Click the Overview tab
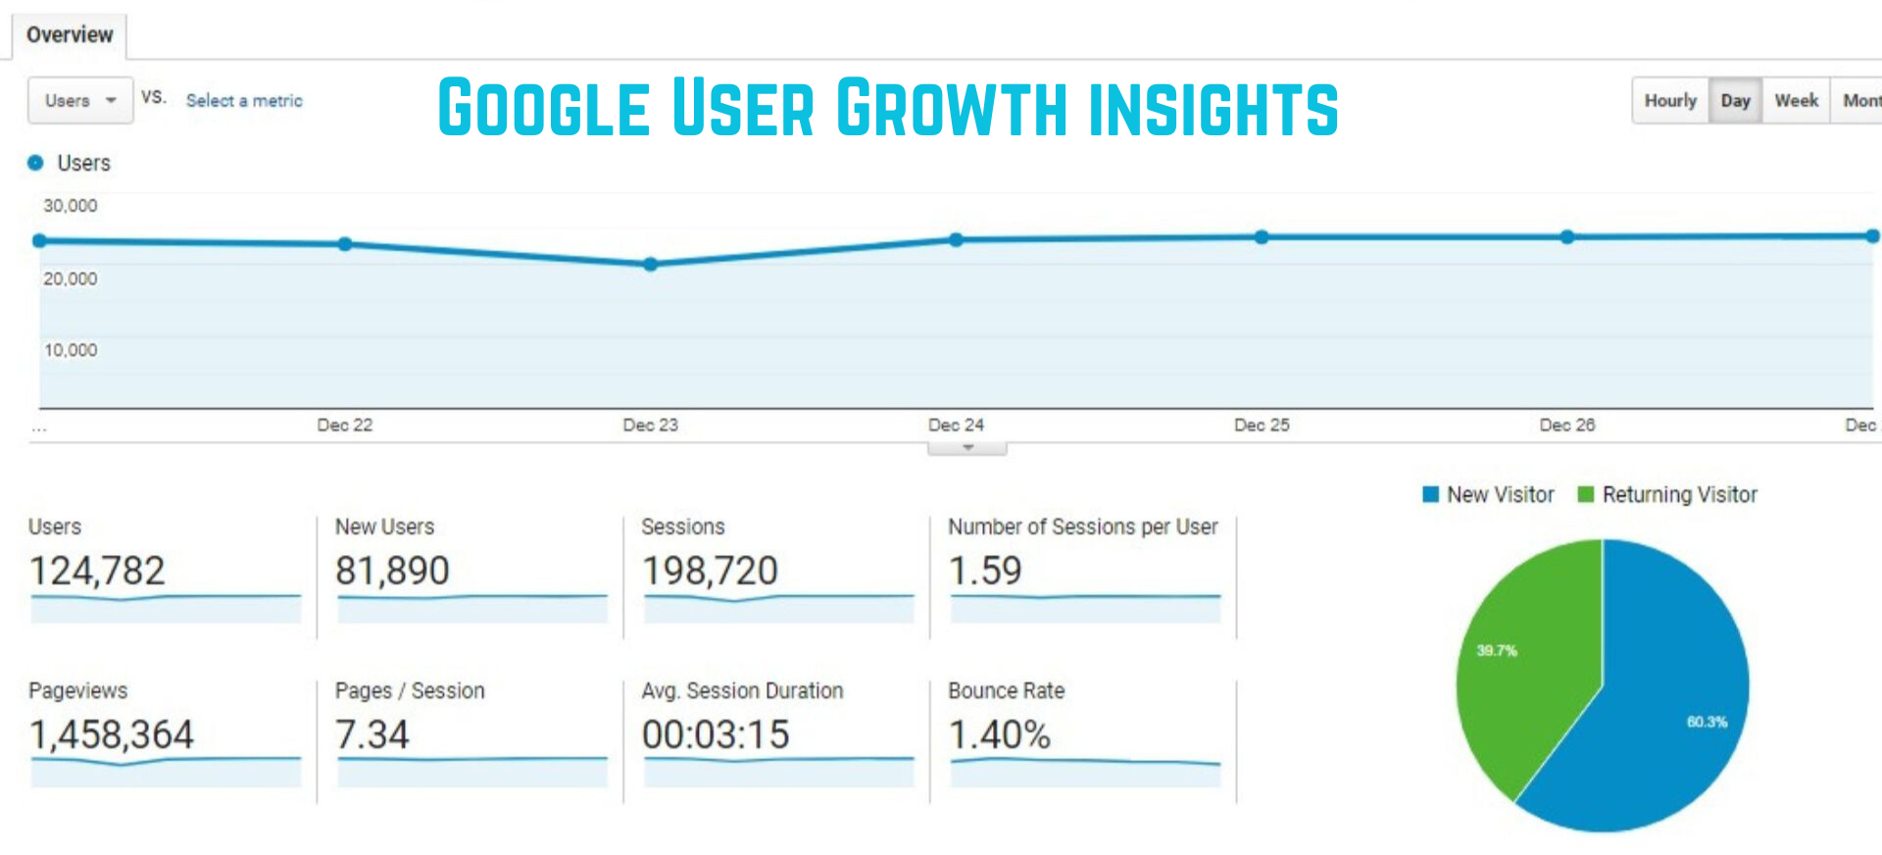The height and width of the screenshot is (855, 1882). (69, 35)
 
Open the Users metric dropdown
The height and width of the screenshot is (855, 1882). (79, 100)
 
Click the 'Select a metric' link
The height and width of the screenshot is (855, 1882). (244, 100)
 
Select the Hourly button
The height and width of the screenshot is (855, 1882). (1669, 100)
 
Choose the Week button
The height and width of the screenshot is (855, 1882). (1796, 100)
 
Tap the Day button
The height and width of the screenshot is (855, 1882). (1735, 100)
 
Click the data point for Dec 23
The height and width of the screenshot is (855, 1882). (650, 264)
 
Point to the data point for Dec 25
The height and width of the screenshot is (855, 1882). (1262, 237)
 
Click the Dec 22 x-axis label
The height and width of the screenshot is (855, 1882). (344, 425)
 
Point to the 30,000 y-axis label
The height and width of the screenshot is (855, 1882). (70, 206)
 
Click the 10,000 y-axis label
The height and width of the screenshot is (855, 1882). (70, 350)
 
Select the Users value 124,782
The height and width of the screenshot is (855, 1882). (97, 571)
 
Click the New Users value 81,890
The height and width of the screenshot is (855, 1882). (392, 571)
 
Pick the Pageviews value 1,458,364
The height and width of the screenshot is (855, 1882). (112, 734)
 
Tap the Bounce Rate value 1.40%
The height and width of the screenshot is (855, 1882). (999, 734)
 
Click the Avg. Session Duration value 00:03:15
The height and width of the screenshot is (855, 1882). (716, 734)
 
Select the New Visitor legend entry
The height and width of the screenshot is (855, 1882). (1489, 495)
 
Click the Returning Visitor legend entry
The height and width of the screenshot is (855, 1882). (1667, 495)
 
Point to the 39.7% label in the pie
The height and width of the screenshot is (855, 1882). (1497, 650)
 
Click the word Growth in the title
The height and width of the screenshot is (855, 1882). (951, 108)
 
